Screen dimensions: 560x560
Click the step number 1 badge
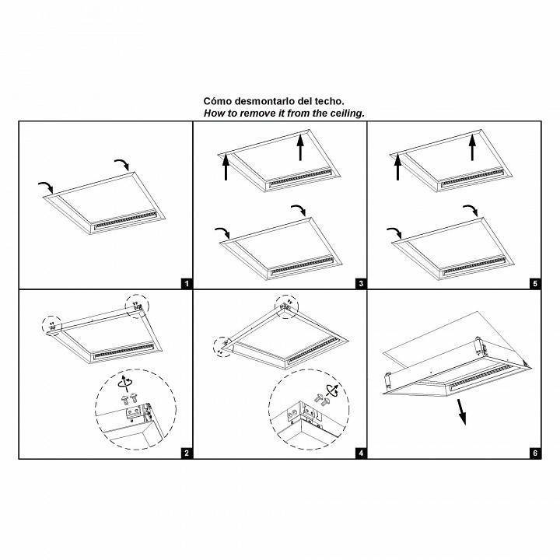coord(187,284)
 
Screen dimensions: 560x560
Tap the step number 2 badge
coord(187,453)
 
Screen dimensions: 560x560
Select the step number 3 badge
coord(361,284)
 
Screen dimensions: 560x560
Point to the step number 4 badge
coord(361,453)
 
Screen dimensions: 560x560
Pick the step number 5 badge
coord(535,284)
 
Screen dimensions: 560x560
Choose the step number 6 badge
coord(535,453)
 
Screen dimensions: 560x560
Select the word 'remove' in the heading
coord(256,114)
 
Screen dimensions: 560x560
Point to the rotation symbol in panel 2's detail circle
coord(125,381)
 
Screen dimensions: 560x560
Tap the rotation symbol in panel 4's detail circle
coord(333,390)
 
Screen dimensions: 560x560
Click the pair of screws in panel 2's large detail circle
coord(129,399)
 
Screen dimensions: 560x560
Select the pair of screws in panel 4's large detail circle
coord(323,400)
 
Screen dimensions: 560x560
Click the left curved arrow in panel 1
coord(46,187)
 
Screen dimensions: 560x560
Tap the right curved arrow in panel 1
coord(122,165)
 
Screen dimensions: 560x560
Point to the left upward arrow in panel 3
coord(226,167)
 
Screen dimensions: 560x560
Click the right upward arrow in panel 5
coord(473,147)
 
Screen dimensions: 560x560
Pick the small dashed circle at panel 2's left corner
coord(52,326)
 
